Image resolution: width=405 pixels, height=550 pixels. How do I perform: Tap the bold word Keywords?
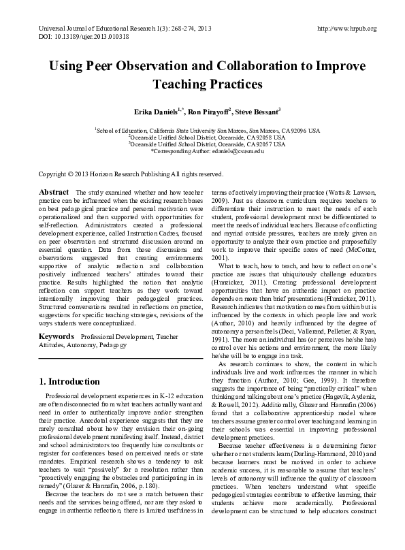[x=56, y=336]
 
